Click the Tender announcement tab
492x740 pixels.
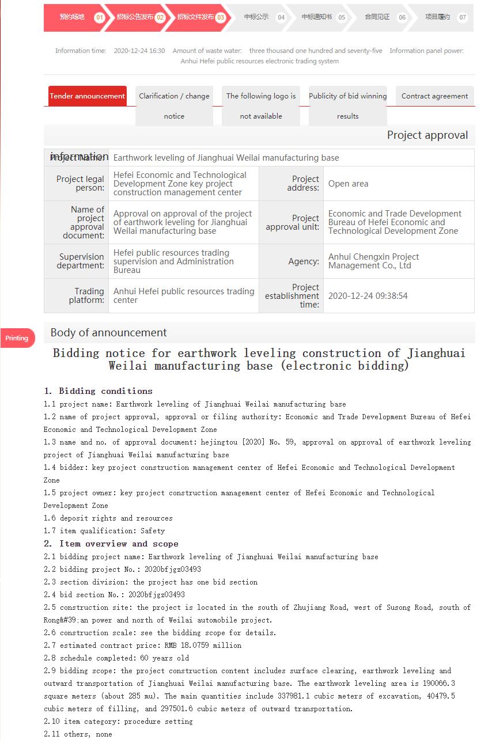pyautogui.click(x=87, y=96)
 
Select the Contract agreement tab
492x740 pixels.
pyautogui.click(x=434, y=96)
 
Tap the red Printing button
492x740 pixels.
pyautogui.click(x=17, y=338)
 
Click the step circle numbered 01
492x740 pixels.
pyautogui.click(x=100, y=17)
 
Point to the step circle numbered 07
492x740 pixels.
pyautogui.click(x=462, y=17)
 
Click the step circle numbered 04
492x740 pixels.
pyautogui.click(x=281, y=17)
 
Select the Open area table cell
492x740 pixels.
pyautogui.click(x=348, y=184)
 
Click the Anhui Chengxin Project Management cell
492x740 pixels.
pyautogui.click(x=373, y=261)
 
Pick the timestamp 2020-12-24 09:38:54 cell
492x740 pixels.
pyautogui.click(x=368, y=296)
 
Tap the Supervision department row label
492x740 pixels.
pyautogui.click(x=81, y=261)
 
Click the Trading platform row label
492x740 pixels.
pyautogui.click(x=86, y=295)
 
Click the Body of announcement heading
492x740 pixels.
pyautogui.click(x=108, y=333)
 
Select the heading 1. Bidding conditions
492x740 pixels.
pyautogui.click(x=98, y=391)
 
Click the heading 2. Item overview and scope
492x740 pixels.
pyautogui.click(x=111, y=544)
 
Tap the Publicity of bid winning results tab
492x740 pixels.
pyautogui.click(x=347, y=105)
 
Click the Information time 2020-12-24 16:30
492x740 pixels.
pyautogui.click(x=139, y=51)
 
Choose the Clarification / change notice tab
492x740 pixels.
pyautogui.click(x=174, y=105)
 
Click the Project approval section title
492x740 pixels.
pyautogui.click(x=427, y=135)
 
